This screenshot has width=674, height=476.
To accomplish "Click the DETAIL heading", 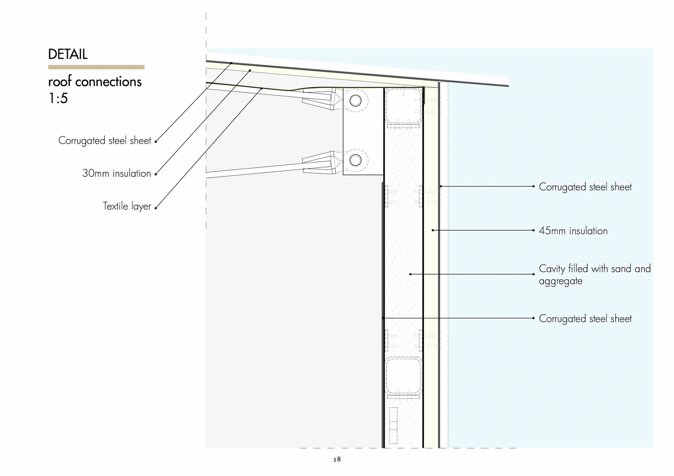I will tap(68, 54).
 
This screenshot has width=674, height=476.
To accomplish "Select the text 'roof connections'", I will tap(95, 82).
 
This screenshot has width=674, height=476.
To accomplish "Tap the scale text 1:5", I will tap(58, 98).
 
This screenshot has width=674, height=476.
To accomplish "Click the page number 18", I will tap(337, 459).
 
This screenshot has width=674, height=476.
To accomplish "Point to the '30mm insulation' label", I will tap(117, 173).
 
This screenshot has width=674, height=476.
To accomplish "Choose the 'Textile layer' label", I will tap(127, 206).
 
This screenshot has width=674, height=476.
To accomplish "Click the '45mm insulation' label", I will tap(573, 231).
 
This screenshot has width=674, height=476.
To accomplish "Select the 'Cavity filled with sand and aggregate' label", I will tap(594, 275).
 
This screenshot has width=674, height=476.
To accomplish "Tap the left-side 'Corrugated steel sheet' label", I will tap(105, 141).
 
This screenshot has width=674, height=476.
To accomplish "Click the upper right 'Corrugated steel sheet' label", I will tap(585, 187).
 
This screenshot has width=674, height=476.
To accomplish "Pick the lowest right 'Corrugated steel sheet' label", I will tap(585, 319).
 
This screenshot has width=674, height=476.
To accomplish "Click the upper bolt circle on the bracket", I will tap(355, 101).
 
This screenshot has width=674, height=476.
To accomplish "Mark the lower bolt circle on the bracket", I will tap(355, 161).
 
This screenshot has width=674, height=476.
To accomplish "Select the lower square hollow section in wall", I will tap(403, 377).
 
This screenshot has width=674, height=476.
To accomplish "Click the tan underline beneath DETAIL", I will tap(96, 67).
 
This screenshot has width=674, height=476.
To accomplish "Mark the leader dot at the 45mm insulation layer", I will tap(433, 230).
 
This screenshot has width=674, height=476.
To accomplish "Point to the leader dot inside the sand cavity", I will tap(410, 274).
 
